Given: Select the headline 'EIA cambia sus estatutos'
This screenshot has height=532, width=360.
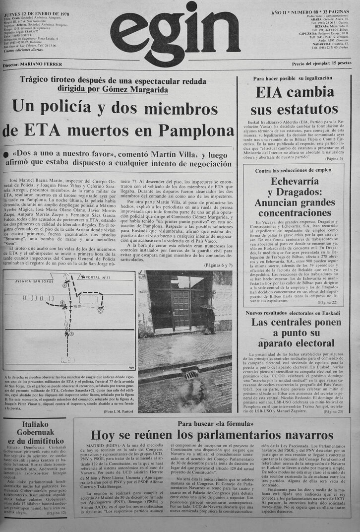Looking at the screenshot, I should click(x=298, y=100).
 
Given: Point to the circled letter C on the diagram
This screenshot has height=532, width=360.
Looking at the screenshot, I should click(x=101, y=312).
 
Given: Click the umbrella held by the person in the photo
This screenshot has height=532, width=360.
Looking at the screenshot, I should click(x=208, y=308).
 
